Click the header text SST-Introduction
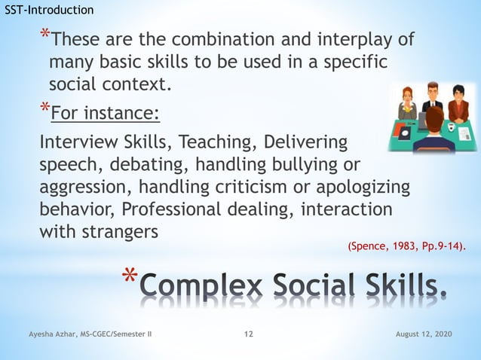(50, 10)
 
